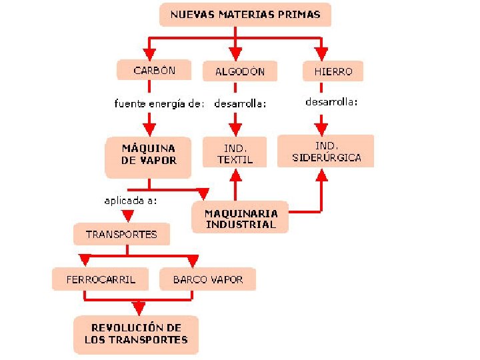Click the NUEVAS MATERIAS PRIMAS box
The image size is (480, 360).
tap(245, 15)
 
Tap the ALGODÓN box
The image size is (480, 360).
tap(239, 71)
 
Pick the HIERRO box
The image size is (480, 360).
tap(328, 70)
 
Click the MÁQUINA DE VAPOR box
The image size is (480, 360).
tap(149, 154)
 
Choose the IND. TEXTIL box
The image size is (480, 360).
tap(235, 153)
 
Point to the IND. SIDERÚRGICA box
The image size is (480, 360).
tap(326, 151)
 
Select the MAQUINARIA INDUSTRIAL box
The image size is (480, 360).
tap(240, 218)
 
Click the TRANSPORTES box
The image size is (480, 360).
tap(121, 234)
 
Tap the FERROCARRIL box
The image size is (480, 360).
tap(101, 279)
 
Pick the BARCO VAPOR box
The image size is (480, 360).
tap(207, 279)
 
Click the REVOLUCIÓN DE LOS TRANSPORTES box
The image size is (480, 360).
tap(136, 334)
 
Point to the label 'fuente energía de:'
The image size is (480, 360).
tap(159, 103)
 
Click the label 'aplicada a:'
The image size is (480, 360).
tap(131, 199)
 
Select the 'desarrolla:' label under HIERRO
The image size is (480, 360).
tap(331, 102)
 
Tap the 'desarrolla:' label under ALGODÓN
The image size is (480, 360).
tap(240, 103)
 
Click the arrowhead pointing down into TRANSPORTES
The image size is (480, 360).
tap(127, 216)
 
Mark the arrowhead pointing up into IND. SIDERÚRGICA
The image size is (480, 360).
tap(323, 175)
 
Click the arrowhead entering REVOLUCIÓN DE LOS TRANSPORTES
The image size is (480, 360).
tap(138, 308)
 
